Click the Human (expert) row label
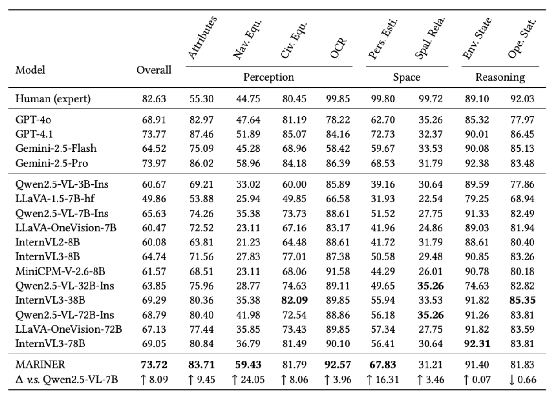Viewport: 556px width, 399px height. (x=53, y=99)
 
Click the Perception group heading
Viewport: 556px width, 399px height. (x=269, y=78)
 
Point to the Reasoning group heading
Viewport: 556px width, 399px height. (x=500, y=78)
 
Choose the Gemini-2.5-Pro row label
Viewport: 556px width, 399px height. (x=52, y=164)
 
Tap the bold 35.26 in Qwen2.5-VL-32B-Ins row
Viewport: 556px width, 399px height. (x=431, y=286)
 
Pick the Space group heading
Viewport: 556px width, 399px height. (x=407, y=78)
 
